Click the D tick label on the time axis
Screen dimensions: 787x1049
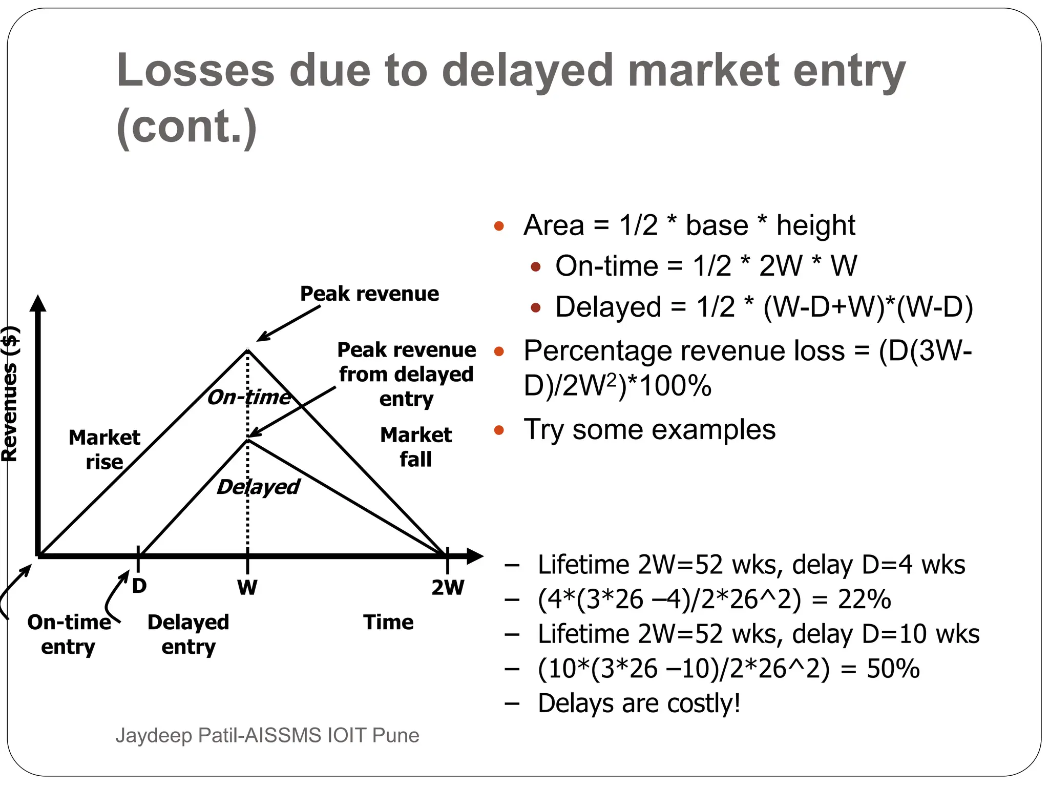139,586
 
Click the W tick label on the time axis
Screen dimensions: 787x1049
247,587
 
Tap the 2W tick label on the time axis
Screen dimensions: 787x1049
448,587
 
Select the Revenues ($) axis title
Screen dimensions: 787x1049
10,393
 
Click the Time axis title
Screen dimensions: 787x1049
388,622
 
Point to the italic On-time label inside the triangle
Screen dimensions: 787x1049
249,397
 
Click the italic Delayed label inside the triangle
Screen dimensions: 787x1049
258,487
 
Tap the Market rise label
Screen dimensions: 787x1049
104,449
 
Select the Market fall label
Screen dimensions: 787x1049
416,447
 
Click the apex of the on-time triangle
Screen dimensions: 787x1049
248,350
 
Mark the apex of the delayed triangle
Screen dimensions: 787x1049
248,439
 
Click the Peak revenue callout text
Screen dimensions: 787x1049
369,294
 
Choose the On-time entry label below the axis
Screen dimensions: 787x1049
69,634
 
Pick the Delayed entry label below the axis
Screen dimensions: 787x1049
188,634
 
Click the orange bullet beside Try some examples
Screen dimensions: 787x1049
499,430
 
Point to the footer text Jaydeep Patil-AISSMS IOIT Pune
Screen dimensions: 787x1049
267,735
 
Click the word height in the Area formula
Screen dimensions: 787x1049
815,225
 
